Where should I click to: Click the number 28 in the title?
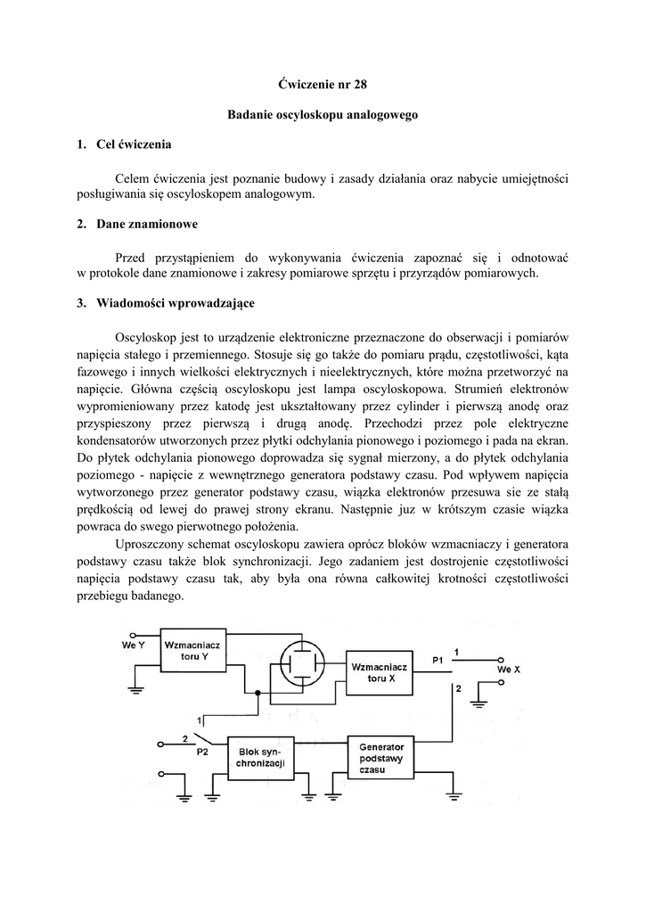coord(359,85)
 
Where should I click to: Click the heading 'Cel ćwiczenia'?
coord(134,144)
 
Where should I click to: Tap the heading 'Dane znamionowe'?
coord(147,224)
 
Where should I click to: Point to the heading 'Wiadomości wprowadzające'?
coord(175,303)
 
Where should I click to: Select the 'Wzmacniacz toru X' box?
coord(379,672)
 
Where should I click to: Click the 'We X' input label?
coord(508,669)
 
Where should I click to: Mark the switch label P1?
coord(437,660)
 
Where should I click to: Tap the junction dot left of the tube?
coord(258,693)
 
